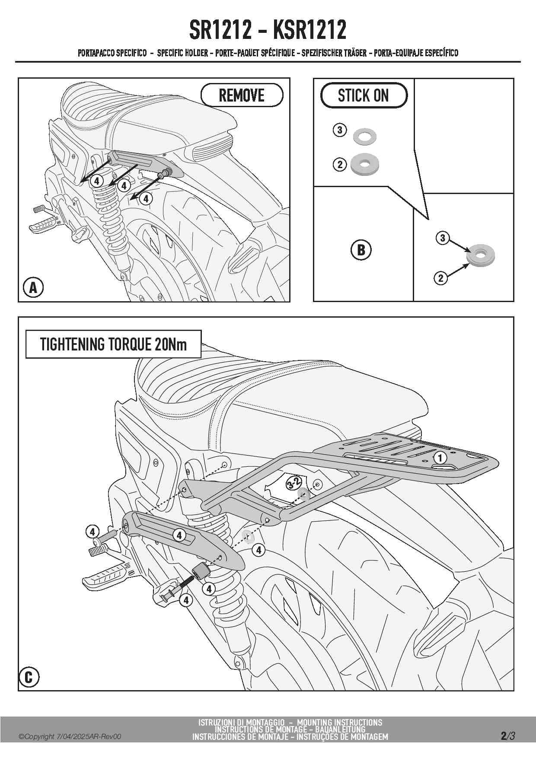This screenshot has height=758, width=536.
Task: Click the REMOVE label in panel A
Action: pos(242,95)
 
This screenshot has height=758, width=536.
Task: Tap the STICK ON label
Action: pos(364,96)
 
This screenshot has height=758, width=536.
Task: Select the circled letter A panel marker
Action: pos(33,288)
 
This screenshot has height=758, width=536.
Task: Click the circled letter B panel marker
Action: pos(361,250)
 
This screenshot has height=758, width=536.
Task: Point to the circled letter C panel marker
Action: pos(29,677)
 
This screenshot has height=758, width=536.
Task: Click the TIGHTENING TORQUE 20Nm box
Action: pos(113,344)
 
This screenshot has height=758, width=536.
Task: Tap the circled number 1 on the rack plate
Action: pos(440,458)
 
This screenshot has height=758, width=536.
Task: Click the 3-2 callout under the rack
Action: pos(294,483)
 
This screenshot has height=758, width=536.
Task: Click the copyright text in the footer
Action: pos(70,736)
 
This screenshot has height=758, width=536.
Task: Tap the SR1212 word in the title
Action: pos(220,30)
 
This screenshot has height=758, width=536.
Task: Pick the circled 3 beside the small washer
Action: pos(340,130)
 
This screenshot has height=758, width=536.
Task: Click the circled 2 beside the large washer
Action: pos(340,164)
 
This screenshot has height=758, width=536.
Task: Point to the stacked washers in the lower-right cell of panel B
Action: pos(480,256)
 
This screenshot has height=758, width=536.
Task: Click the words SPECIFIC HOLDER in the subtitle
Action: pos(182,53)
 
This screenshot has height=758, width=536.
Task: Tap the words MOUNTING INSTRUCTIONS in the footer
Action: pos(339,723)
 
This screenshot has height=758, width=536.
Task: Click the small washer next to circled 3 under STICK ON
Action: pos(364,136)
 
